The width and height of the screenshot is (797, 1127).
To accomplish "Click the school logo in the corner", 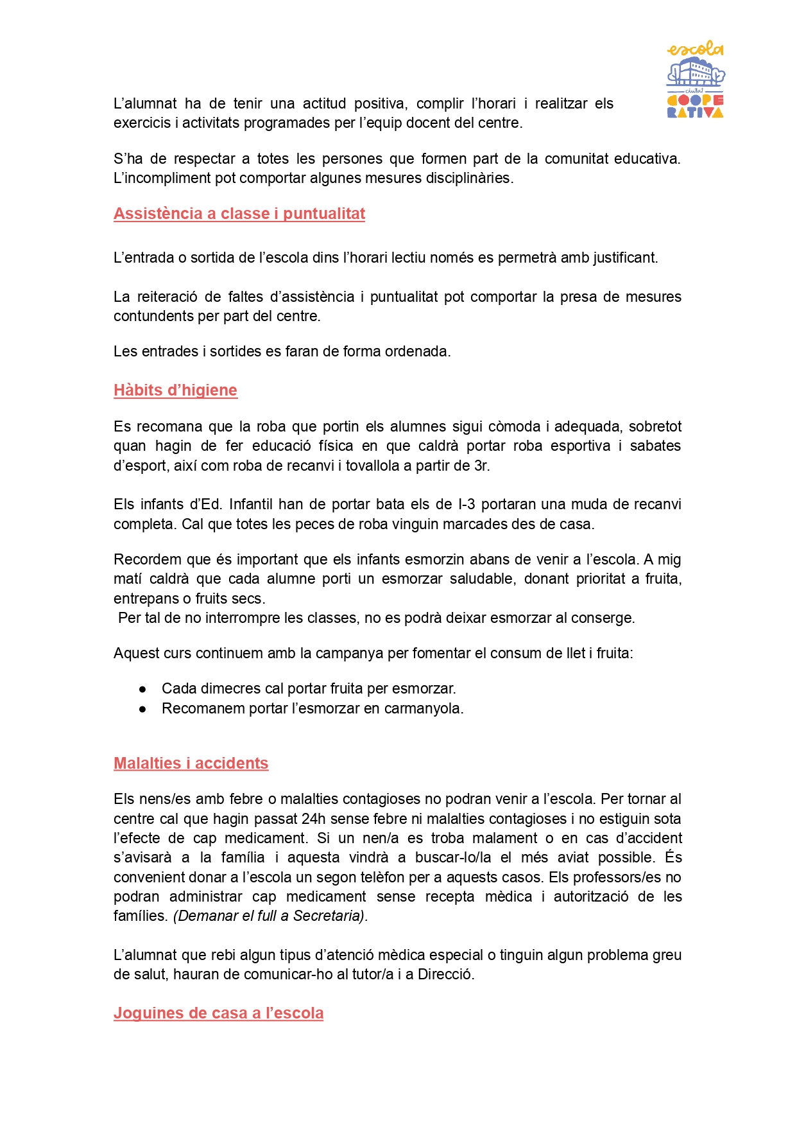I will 695,80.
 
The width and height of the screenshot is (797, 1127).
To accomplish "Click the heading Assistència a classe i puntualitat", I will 239,214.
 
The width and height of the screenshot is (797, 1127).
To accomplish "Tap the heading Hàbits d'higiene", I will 175,390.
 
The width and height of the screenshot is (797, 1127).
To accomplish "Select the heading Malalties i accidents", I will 191,764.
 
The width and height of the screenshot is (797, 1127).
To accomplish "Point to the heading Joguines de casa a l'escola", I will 218,1013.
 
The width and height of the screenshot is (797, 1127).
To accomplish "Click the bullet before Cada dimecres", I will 142,689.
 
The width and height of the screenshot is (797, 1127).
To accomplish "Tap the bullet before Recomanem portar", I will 142,709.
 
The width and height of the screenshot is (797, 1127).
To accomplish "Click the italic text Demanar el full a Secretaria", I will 269,916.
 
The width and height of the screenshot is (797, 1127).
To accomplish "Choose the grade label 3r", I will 481,466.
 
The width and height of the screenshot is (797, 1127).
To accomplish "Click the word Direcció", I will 445,975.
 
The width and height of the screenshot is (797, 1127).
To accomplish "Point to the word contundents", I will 152,317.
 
